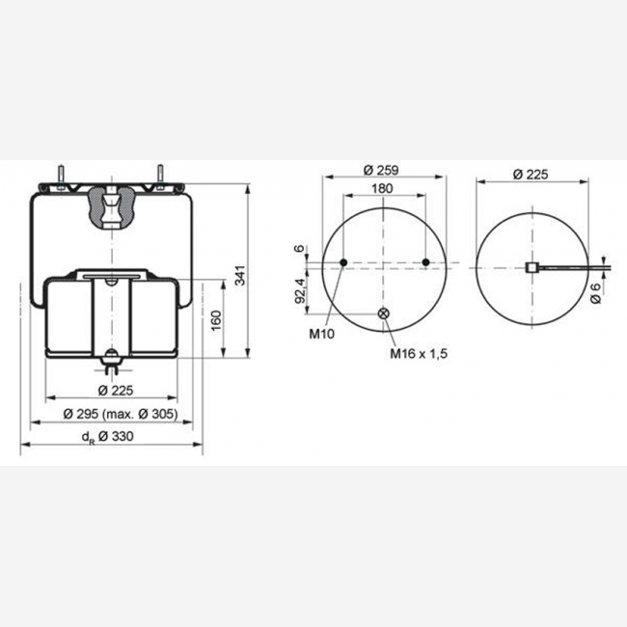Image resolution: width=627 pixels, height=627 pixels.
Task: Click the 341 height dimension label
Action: (x=239, y=275)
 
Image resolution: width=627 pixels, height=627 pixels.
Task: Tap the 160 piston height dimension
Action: (x=216, y=320)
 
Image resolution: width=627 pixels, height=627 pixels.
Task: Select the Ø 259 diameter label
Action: (x=381, y=171)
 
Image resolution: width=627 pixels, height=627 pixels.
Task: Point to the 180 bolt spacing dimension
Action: (x=382, y=188)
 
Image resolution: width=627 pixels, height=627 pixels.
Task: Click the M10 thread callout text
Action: (x=321, y=334)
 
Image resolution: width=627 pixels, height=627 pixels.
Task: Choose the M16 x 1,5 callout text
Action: (x=419, y=353)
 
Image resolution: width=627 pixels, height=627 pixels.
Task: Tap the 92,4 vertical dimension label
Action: (x=301, y=290)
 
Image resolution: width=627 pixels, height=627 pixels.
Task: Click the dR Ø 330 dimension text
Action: (x=108, y=436)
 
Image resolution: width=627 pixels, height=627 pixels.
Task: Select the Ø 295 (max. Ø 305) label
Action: (x=121, y=414)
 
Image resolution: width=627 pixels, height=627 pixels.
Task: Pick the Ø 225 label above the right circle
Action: (x=531, y=175)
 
